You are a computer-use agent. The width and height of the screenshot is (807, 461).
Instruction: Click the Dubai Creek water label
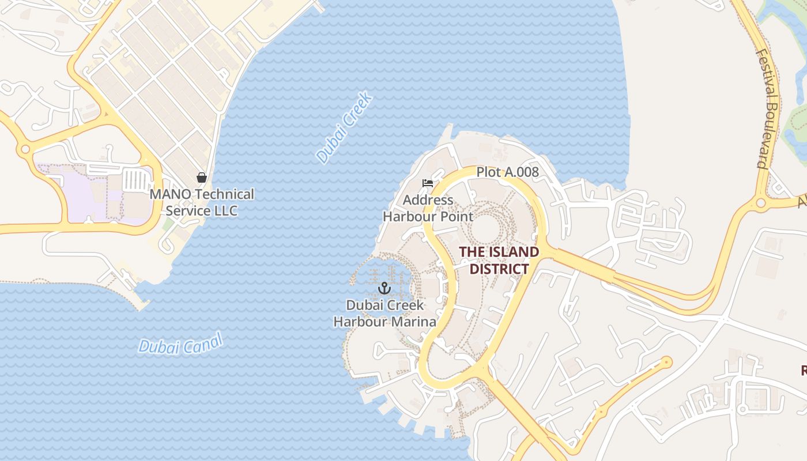345,128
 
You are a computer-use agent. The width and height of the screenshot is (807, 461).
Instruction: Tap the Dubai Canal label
180,345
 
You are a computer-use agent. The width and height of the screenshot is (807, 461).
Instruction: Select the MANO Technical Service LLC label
202,202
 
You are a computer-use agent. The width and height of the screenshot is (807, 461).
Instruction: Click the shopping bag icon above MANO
202,177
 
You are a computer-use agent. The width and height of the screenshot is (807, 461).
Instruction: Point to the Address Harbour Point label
428,209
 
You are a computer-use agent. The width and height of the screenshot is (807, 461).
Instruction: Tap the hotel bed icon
428,184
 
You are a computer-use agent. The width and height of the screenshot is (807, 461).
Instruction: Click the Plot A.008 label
507,172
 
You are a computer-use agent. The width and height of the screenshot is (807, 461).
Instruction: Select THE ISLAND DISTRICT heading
499,260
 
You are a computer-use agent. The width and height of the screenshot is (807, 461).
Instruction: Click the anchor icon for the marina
384,288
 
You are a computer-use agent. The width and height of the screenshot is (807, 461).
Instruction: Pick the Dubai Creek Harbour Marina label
384,313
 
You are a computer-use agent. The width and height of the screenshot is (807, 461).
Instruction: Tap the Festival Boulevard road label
767,109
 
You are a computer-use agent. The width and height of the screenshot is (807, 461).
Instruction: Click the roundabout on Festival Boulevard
761,203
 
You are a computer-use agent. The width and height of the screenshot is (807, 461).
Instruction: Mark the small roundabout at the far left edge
25,150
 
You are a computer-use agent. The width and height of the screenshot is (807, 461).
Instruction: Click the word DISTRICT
499,269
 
